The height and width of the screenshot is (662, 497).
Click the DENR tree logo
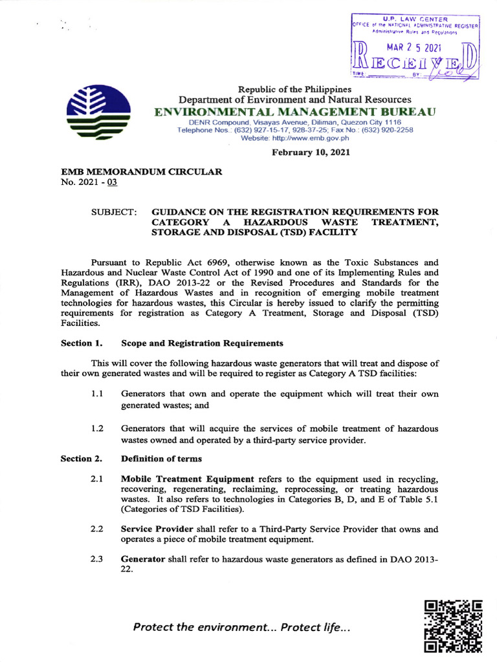coord(102,114)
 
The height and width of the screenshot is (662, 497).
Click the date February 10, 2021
coord(311,153)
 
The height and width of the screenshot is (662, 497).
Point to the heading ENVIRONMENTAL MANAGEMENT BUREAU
coord(295,112)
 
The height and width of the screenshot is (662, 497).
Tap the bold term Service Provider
coord(156,529)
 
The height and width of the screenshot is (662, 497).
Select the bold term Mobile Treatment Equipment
coord(188,479)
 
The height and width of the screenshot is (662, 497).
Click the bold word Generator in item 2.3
coord(143,559)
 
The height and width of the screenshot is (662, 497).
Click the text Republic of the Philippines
coord(295,89)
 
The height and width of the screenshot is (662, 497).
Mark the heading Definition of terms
coord(162,458)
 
